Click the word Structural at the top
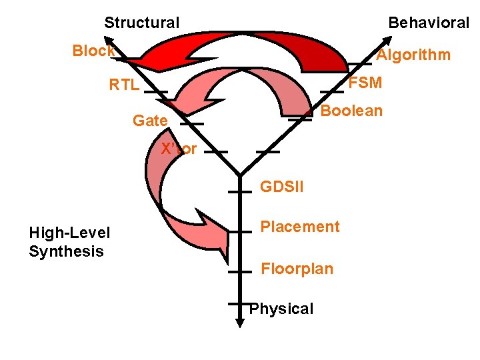[141, 23]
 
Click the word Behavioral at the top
[429, 23]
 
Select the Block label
[93, 51]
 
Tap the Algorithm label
[413, 55]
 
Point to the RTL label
[124, 85]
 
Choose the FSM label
[365, 83]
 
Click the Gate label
[150, 121]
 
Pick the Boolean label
[351, 111]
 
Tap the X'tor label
[179, 149]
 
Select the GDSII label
[281, 187]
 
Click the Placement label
[299, 227]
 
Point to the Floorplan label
[297, 269]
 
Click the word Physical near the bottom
[281, 309]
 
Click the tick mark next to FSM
[331, 91]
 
